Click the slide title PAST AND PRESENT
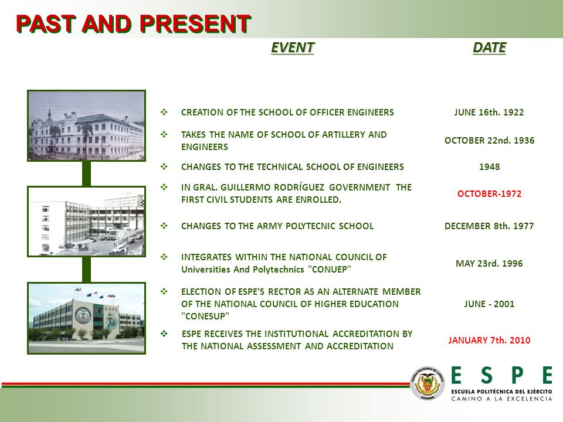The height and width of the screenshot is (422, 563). tap(134, 24)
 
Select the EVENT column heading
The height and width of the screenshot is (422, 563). tap(293, 47)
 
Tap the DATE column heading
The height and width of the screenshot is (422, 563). tap(489, 47)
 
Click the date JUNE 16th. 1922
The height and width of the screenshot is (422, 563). tap(489, 113)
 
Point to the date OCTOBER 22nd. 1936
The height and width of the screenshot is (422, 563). tap(489, 140)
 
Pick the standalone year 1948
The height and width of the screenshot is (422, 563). tap(489, 167)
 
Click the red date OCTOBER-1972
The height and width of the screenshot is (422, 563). tap(489, 194)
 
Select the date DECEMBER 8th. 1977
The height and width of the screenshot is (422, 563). tap(489, 226)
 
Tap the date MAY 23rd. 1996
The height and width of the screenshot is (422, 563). tap(489, 263)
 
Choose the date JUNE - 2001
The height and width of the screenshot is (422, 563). tap(489, 304)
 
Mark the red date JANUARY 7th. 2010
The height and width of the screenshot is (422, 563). tap(489, 340)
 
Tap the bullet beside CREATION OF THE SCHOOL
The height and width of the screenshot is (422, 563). tap(164, 112)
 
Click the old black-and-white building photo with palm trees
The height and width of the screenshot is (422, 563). tap(87, 125)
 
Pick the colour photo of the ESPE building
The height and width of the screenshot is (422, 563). tap(87, 318)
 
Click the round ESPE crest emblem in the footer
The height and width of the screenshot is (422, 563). tap(428, 383)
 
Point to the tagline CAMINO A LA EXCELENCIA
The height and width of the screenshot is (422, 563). tap(501, 399)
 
